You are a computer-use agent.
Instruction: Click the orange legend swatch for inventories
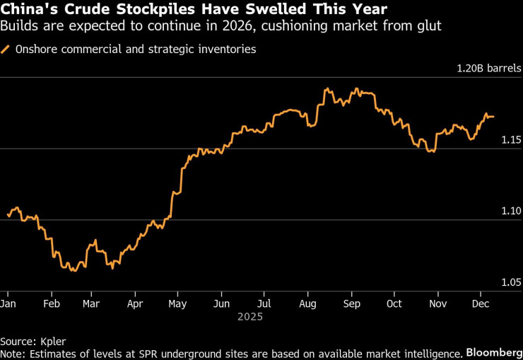(x=6, y=50)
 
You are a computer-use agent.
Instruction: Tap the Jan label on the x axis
(x=8, y=303)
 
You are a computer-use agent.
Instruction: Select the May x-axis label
(x=177, y=303)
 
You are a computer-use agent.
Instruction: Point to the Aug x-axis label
(x=307, y=303)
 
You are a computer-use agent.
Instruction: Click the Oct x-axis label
(x=394, y=303)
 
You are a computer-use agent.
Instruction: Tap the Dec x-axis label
(x=481, y=303)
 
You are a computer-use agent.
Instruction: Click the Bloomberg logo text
(x=493, y=352)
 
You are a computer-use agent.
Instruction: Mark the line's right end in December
(x=494, y=116)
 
